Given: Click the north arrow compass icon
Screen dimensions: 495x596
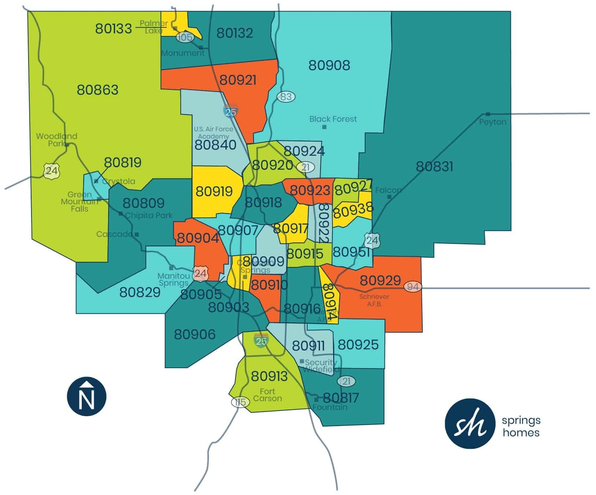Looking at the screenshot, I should coord(87,396).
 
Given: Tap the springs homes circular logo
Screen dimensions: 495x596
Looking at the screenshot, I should coord(470,423).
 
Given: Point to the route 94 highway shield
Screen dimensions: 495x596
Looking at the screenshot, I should coord(413,287).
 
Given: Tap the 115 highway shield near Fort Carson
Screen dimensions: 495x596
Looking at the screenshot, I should coord(240,402).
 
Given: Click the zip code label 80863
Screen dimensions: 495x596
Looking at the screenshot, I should coord(98,90).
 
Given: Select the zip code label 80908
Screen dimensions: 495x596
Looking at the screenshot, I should coord(329,65).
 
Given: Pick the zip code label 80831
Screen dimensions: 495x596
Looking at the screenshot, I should coord(434,167).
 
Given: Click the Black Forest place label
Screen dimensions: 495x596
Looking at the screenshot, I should coord(333,119).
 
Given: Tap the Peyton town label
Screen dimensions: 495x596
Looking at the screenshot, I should coord(492,122).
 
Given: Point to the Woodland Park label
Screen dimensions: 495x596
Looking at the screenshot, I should coord(56,140).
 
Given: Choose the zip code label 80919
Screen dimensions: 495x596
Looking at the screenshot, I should coord(214,191).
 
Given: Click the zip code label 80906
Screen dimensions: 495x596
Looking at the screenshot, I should coord(195,334).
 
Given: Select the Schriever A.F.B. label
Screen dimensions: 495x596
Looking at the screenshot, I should coord(374,300).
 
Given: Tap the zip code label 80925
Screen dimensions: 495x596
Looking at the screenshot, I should coord(358,345).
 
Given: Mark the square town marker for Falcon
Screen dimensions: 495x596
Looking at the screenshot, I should coord(389,197).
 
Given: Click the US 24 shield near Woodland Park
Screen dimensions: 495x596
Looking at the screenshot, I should coord(51,170).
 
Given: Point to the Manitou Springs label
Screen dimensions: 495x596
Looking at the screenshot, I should coord(173,279).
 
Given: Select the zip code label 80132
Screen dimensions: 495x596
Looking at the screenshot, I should coord(235,33).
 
